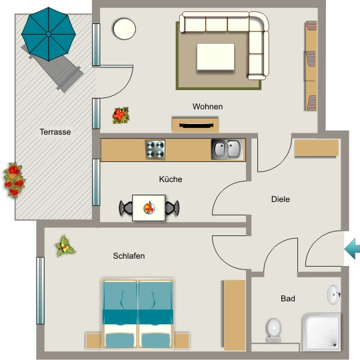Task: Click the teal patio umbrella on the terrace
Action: click(x=49, y=34)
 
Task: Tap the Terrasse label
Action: click(x=55, y=132)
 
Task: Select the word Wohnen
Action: click(x=207, y=107)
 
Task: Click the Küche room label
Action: click(x=171, y=179)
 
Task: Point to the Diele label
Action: click(x=280, y=199)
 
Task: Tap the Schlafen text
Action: click(x=129, y=256)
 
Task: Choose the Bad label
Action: click(x=288, y=299)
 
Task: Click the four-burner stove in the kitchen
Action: click(x=155, y=150)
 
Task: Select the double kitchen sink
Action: click(x=227, y=149)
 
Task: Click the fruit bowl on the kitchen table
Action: click(x=149, y=208)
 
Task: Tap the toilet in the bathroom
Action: click(x=274, y=330)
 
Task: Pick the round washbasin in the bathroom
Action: click(x=333, y=295)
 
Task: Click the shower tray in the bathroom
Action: click(x=321, y=332)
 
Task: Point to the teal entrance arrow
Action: click(x=352, y=249)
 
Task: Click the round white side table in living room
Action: click(x=125, y=29)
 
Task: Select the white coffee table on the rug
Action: click(x=215, y=57)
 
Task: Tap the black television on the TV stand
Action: click(x=196, y=125)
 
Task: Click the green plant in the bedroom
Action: click(x=65, y=245)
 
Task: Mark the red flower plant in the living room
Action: click(x=121, y=115)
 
